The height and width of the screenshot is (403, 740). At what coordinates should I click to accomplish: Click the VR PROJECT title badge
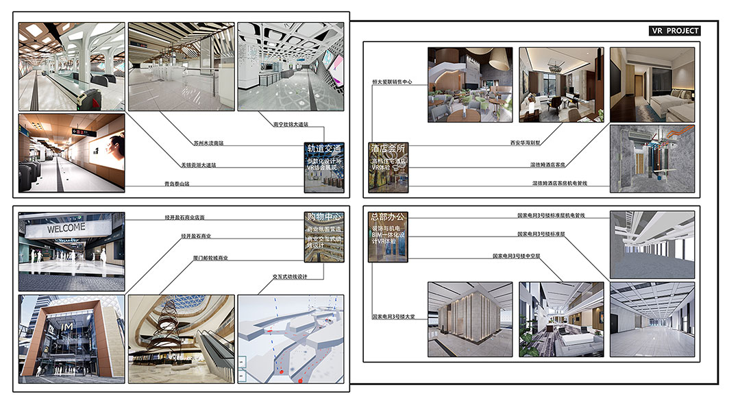point(674,31)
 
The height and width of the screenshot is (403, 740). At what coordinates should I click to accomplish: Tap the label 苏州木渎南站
point(210,143)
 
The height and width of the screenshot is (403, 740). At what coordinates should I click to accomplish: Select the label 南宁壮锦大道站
point(291,124)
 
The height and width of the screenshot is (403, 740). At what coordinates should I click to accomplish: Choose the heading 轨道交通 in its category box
point(324,148)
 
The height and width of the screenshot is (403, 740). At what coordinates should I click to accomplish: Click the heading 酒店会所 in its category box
point(388,148)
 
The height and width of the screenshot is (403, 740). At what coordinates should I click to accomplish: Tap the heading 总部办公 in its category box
point(387,218)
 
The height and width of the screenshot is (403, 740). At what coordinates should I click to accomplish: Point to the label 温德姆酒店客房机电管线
point(560,184)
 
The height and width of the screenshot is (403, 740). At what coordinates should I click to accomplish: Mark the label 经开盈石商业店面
point(184,217)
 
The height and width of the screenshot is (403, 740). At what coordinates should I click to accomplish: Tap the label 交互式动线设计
point(289,277)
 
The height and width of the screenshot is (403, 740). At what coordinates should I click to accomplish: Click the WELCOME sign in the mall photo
point(66,228)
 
